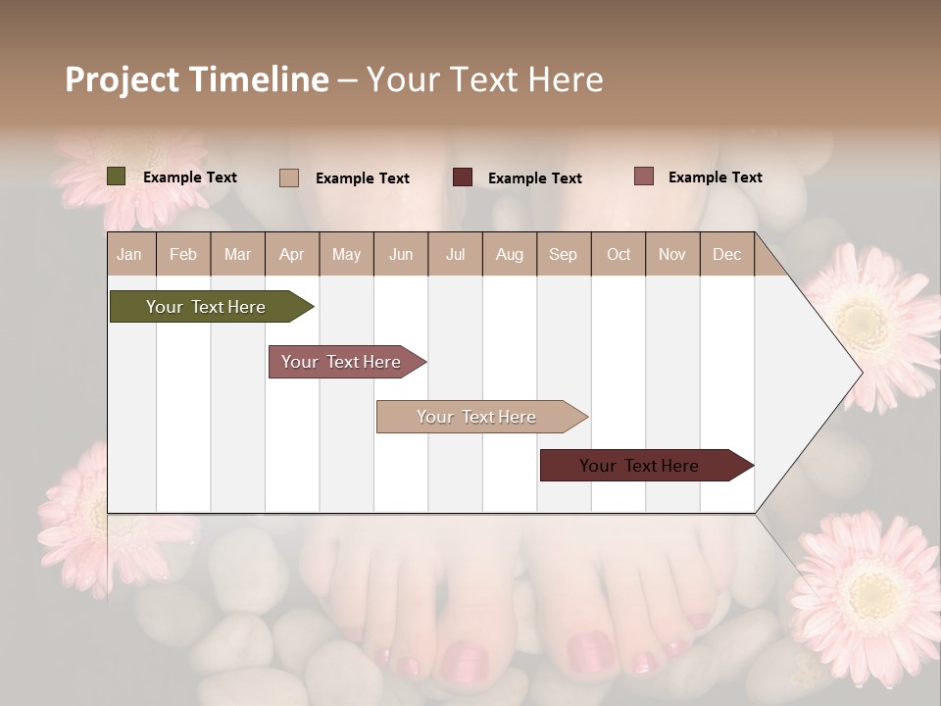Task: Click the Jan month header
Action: click(x=129, y=255)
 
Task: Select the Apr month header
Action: click(x=291, y=255)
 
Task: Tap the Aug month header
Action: click(x=509, y=255)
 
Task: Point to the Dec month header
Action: click(x=726, y=255)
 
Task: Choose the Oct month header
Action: click(x=619, y=255)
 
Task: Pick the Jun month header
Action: click(x=400, y=255)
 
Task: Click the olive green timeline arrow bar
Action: click(x=207, y=307)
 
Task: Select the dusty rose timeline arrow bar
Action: click(x=342, y=362)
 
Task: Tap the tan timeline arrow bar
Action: click(x=477, y=417)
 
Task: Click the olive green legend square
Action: click(x=116, y=176)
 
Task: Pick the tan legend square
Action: click(x=288, y=177)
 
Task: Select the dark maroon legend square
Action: click(x=463, y=177)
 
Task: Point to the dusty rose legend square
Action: click(x=643, y=176)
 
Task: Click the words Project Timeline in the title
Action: click(x=196, y=79)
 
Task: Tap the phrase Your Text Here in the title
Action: click(x=485, y=79)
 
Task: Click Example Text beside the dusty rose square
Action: click(x=715, y=177)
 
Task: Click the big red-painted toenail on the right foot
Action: click(x=588, y=652)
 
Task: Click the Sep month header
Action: click(x=563, y=255)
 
